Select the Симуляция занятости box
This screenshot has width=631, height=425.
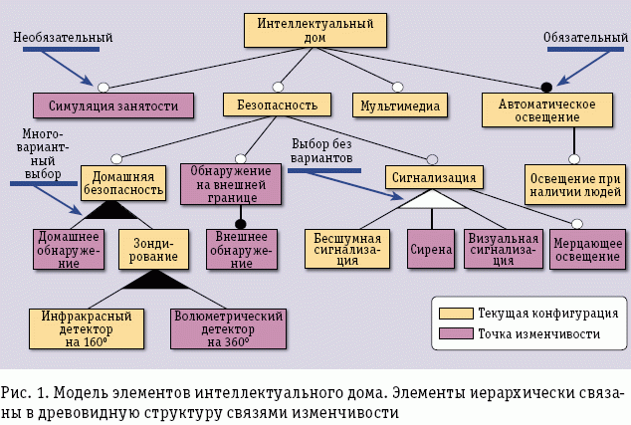pyautogui.click(x=112, y=105)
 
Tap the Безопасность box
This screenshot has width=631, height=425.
pyautogui.click(x=270, y=105)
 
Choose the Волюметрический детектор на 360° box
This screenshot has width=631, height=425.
pyautogui.click(x=229, y=327)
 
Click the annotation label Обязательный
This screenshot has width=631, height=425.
pyautogui.click(x=585, y=38)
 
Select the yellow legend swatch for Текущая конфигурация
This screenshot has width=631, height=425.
pyautogui.click(x=454, y=312)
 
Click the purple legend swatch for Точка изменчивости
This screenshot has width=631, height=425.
pyautogui.click(x=454, y=333)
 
